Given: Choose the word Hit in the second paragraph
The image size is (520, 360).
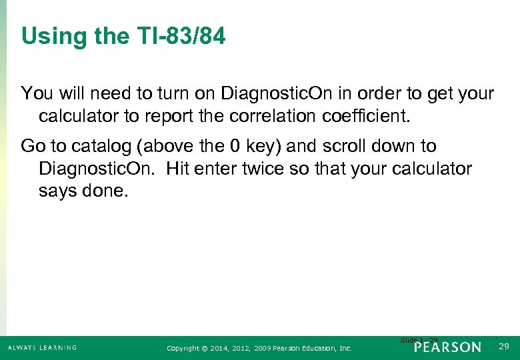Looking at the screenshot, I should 179,169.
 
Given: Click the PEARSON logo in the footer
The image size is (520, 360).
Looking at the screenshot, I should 447,347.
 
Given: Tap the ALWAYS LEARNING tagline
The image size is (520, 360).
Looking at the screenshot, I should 42,347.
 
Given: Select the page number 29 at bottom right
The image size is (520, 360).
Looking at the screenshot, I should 504,347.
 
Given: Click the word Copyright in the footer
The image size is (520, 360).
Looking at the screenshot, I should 183,348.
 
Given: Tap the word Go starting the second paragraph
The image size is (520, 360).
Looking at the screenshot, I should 31,146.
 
